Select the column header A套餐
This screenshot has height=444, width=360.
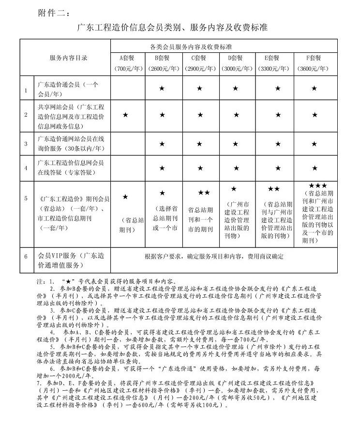click(x=129, y=58)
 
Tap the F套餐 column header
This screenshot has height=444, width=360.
click(x=314, y=58)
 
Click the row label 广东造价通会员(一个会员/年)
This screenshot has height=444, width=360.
click(x=68, y=88)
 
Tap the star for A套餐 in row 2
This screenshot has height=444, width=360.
click(x=125, y=115)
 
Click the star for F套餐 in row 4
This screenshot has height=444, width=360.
click(x=315, y=168)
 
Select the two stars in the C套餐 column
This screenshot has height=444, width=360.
click(x=204, y=192)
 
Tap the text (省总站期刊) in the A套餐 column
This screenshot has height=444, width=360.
click(x=126, y=225)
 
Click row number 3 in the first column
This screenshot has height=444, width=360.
click(x=26, y=143)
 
